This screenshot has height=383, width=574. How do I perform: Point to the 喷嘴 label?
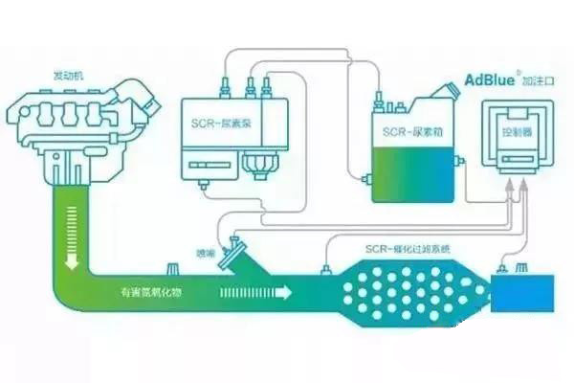click(206, 253)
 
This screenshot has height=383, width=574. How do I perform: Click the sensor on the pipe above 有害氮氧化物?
click(173, 269)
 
